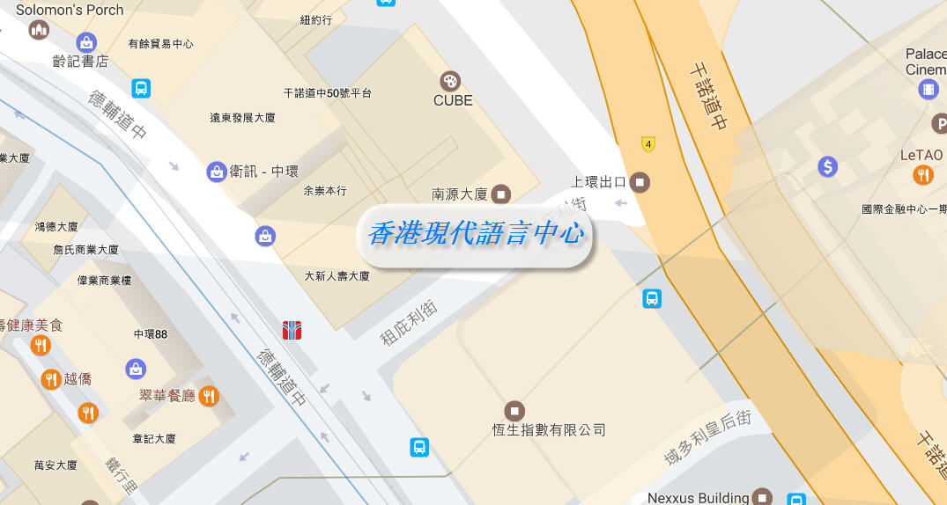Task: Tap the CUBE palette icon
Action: click(x=449, y=81)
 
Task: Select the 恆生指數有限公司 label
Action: click(x=549, y=430)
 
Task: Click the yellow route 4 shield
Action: click(x=648, y=143)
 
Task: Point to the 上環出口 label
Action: click(x=598, y=182)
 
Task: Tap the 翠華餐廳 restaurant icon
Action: click(x=208, y=396)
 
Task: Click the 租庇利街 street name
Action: click(x=409, y=323)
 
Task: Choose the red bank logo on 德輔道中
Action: click(x=292, y=330)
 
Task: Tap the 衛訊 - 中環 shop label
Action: click(x=263, y=172)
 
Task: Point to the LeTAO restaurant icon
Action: click(x=922, y=174)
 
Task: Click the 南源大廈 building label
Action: click(x=460, y=194)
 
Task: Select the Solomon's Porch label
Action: click(x=70, y=10)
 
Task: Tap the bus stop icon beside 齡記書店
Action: click(x=141, y=88)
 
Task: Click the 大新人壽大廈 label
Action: click(x=337, y=276)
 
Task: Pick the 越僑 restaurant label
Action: click(x=78, y=379)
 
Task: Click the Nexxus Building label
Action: click(x=698, y=498)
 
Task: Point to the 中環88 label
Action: click(x=151, y=334)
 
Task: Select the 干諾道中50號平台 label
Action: click(x=327, y=93)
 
